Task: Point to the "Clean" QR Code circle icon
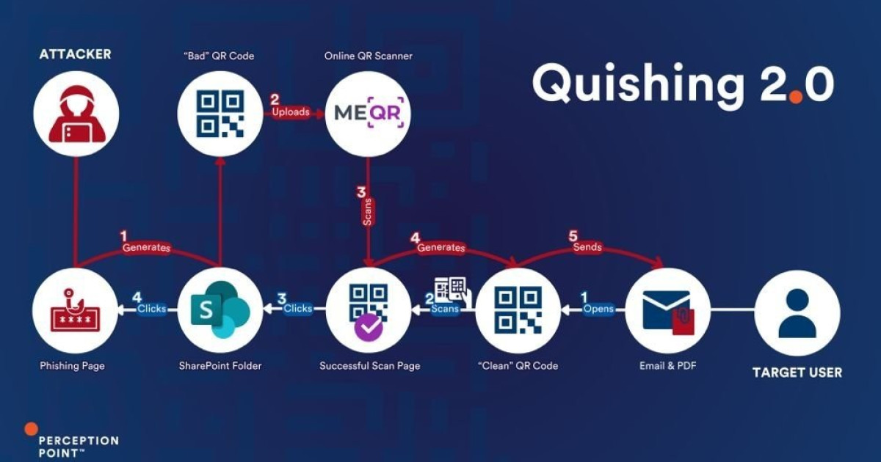pos(518,310)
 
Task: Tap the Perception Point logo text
pos(77,446)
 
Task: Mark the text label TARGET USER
pos(797,373)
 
